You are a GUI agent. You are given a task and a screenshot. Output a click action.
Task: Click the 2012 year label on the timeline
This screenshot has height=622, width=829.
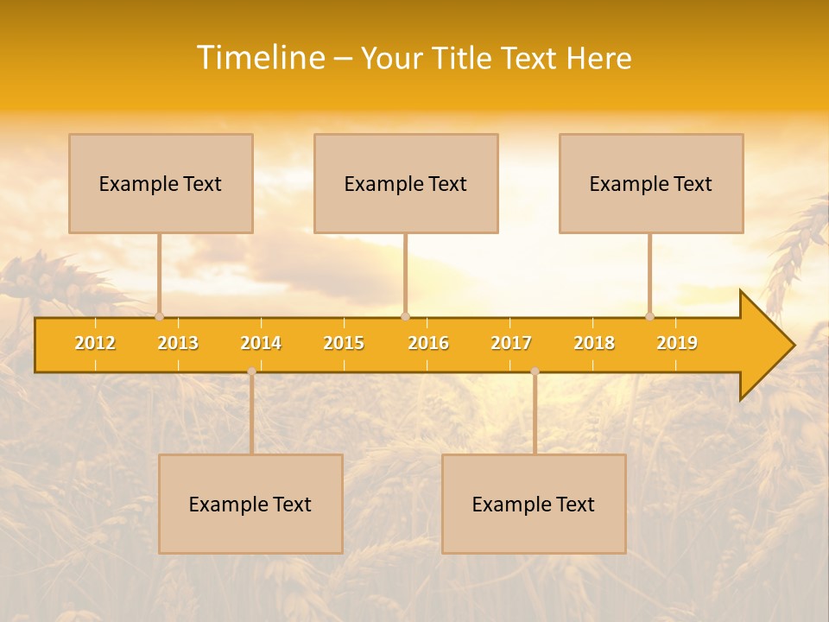tap(95, 343)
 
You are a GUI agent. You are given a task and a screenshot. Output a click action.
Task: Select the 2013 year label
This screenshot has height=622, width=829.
tap(178, 343)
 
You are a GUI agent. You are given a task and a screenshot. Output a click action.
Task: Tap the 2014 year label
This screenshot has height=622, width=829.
tap(261, 343)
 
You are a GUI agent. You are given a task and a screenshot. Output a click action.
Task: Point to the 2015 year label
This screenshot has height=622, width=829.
tap(344, 343)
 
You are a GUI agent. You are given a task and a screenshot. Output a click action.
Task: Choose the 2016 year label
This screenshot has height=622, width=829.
tap(428, 343)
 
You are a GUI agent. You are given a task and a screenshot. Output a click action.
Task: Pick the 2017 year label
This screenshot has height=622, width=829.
tap(511, 343)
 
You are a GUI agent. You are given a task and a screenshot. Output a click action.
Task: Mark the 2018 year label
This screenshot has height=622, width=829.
tap(594, 343)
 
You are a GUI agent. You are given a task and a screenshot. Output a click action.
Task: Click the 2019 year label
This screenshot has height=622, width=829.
tap(677, 343)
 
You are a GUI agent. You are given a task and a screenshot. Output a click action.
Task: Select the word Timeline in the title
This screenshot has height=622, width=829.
tap(259, 58)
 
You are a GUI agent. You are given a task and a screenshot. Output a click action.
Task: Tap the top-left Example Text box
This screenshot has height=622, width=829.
tap(161, 183)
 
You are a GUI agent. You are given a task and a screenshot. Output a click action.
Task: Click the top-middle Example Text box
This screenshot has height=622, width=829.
tap(406, 183)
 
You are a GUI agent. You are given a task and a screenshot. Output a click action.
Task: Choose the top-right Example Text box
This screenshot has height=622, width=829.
tap(651, 183)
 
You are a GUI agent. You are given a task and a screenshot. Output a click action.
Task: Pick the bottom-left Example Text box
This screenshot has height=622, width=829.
tap(250, 504)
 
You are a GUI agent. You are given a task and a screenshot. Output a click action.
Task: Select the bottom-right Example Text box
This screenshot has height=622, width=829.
tap(534, 504)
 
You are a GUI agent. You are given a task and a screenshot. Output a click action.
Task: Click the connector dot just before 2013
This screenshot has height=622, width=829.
tap(159, 317)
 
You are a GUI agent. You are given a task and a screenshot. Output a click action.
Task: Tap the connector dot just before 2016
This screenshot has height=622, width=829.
tap(405, 317)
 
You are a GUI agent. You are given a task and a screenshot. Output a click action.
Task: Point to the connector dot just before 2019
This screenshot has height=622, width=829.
tap(650, 317)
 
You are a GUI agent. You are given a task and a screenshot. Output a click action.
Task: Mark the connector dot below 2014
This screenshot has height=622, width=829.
tap(251, 371)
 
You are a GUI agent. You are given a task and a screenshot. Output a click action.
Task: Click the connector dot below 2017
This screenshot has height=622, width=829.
tap(535, 371)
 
